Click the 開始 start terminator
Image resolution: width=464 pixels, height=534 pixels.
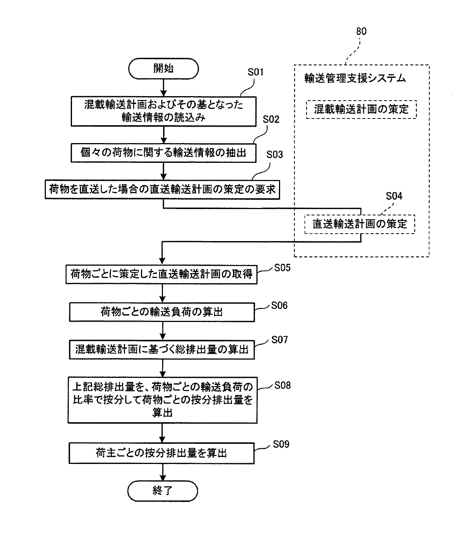(x=163, y=69)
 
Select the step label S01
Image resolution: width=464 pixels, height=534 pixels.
(x=255, y=72)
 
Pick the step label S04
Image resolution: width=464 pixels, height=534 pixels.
(x=394, y=196)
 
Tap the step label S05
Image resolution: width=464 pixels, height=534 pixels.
(x=282, y=268)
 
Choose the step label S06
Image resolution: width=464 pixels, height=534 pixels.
(x=279, y=306)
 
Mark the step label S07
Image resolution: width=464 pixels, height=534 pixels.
(x=279, y=340)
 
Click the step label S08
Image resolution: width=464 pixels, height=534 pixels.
(x=282, y=385)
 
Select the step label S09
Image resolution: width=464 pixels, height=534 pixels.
(x=281, y=444)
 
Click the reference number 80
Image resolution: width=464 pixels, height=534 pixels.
(x=361, y=31)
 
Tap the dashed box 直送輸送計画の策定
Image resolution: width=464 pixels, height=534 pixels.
(x=360, y=224)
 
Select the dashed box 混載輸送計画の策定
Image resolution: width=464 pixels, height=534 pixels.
(x=361, y=109)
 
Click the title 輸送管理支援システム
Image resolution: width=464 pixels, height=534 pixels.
(x=355, y=78)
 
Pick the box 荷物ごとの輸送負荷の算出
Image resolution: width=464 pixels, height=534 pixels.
(x=162, y=312)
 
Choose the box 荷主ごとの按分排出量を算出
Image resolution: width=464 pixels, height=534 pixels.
(x=162, y=453)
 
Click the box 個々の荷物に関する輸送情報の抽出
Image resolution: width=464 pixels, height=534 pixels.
(x=163, y=153)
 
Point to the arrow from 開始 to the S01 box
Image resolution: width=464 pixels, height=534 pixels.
(x=163, y=88)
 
